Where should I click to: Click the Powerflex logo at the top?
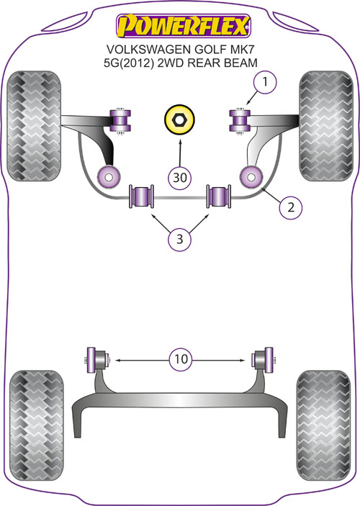183,26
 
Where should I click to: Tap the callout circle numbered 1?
265,82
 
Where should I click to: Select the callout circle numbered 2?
291,207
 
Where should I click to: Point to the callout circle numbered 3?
179,239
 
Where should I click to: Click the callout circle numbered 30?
180,177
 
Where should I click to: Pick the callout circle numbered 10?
181,358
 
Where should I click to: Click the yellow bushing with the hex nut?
179,120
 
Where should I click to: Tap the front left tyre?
34,126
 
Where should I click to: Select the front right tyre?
326,126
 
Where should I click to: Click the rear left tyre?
36,425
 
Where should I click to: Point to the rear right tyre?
323,425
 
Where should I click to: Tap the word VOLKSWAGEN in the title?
148,50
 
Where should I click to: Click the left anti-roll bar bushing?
141,196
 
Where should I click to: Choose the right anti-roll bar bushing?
219,196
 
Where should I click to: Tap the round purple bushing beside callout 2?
251,177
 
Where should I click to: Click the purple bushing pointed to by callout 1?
240,121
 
